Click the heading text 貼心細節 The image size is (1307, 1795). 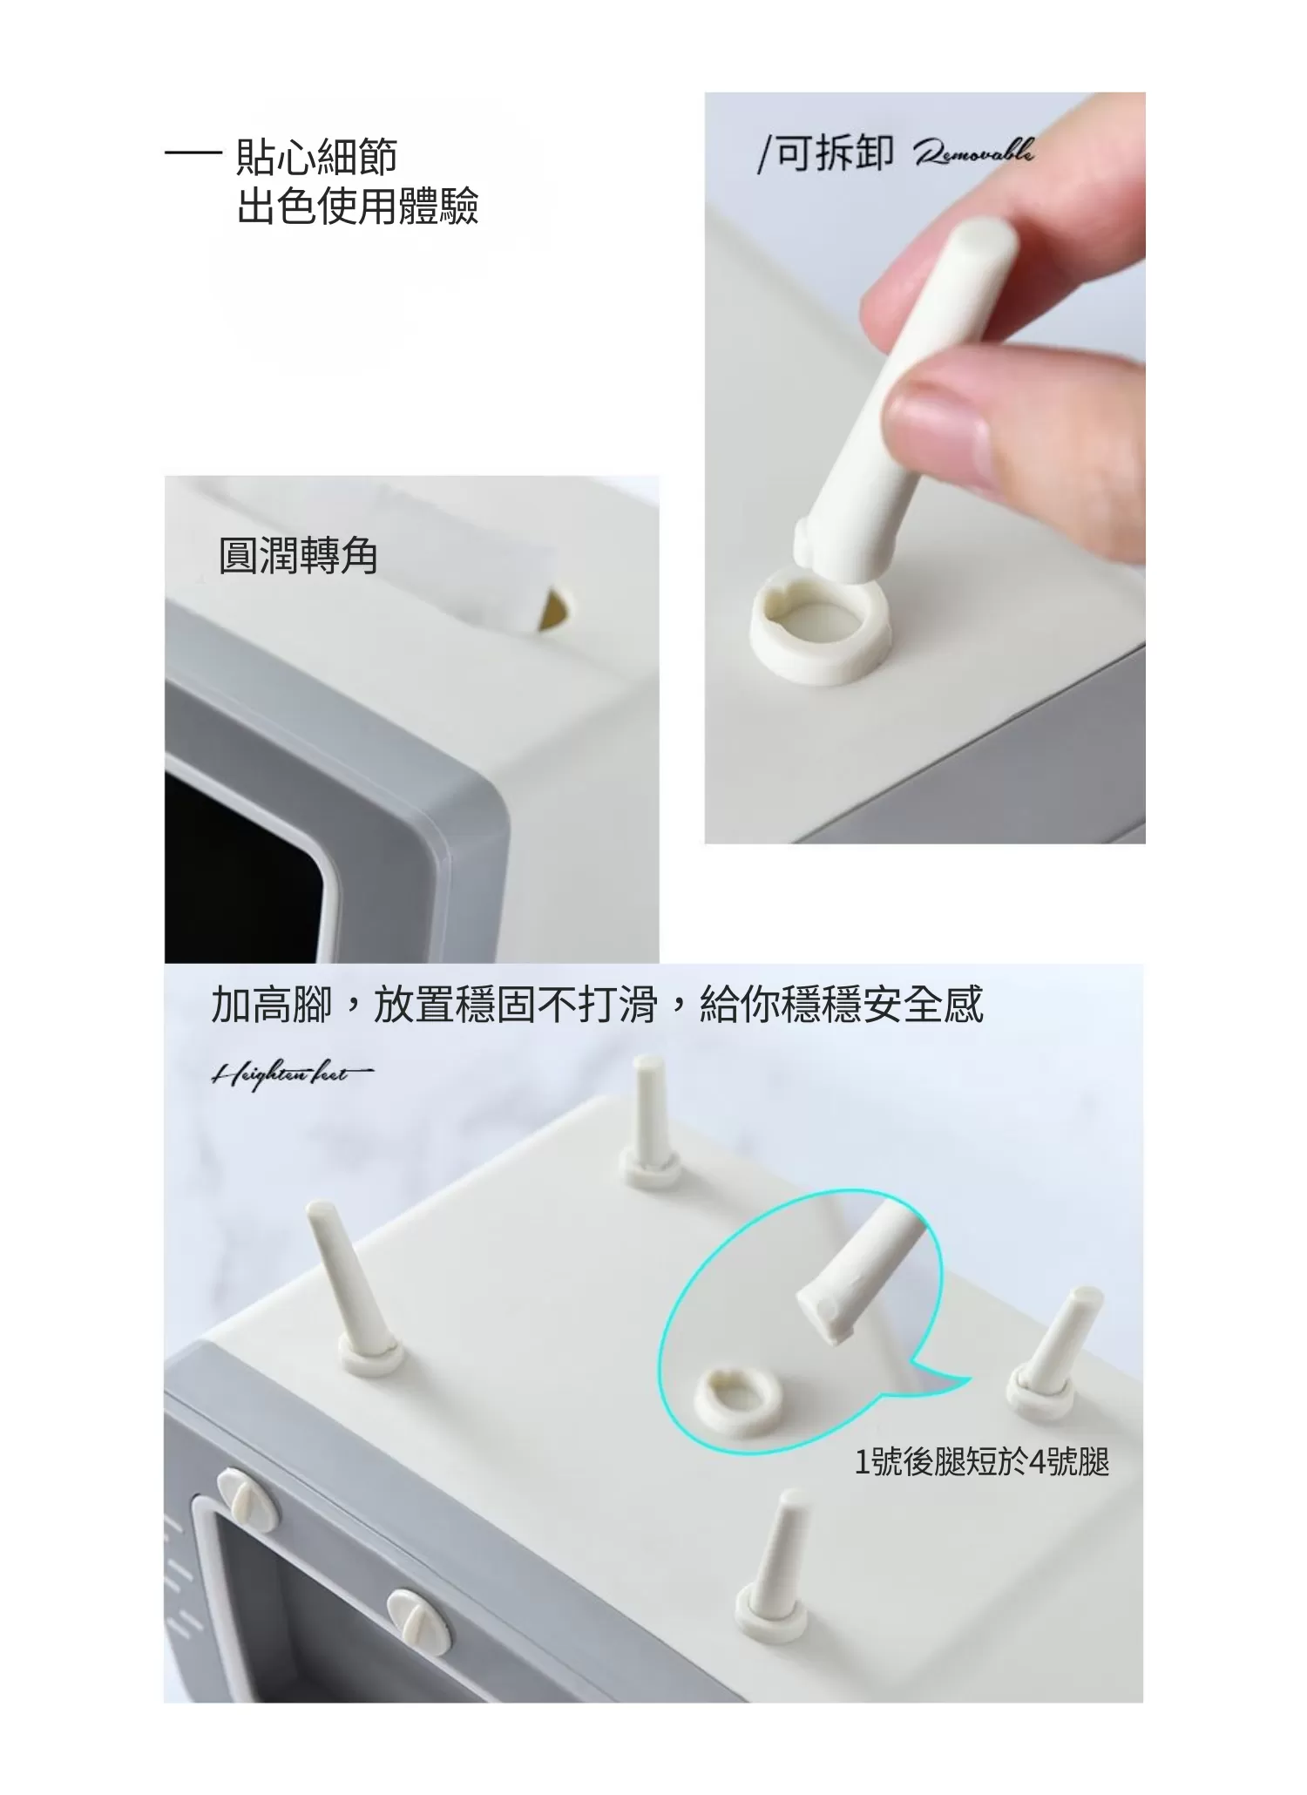point(316,157)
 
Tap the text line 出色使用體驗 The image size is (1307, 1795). point(357,207)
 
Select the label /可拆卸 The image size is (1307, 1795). point(825,154)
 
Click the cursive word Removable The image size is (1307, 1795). point(973,153)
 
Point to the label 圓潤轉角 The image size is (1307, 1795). point(298,556)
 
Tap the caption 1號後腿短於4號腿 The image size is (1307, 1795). point(981,1461)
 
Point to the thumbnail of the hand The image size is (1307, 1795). point(1002,366)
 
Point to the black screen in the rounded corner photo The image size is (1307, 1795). point(235,863)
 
